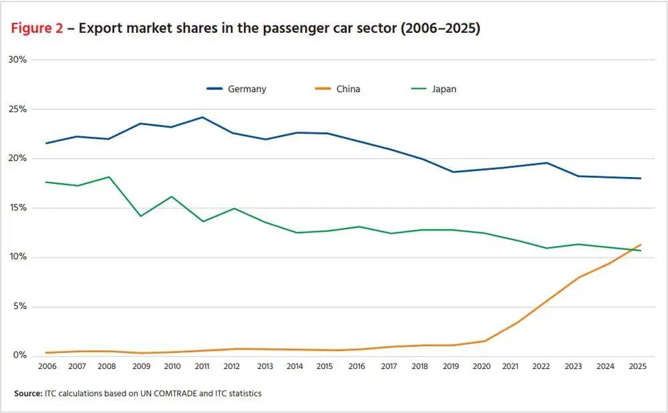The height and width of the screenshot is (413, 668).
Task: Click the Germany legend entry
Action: [236, 89]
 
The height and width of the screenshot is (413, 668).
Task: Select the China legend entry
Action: [337, 89]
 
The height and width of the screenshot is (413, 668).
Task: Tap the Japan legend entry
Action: [434, 89]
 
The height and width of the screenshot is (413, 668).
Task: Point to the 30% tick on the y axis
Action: [17, 59]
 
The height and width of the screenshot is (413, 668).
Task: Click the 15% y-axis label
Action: [17, 208]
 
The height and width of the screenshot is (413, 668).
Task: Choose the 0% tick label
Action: [19, 355]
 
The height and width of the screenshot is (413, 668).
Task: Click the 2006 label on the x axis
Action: [47, 366]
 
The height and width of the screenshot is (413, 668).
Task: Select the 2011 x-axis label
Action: [202, 366]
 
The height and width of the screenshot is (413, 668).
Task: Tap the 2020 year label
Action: [482, 366]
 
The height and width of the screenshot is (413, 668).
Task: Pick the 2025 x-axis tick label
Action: [638, 366]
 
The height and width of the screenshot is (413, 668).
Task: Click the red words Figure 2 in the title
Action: [37, 28]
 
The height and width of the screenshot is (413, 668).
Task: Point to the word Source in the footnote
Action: [28, 394]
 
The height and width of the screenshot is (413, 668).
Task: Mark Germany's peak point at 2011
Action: [202, 117]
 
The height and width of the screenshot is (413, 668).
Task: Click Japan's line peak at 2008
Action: [109, 177]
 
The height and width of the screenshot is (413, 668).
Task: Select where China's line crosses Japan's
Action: [631, 250]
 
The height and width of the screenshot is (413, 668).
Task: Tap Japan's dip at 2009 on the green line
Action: [140, 216]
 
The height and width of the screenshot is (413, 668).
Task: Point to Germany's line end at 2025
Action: [641, 178]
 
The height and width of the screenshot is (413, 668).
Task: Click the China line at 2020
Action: [484, 341]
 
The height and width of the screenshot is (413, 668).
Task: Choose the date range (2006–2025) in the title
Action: [440, 28]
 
